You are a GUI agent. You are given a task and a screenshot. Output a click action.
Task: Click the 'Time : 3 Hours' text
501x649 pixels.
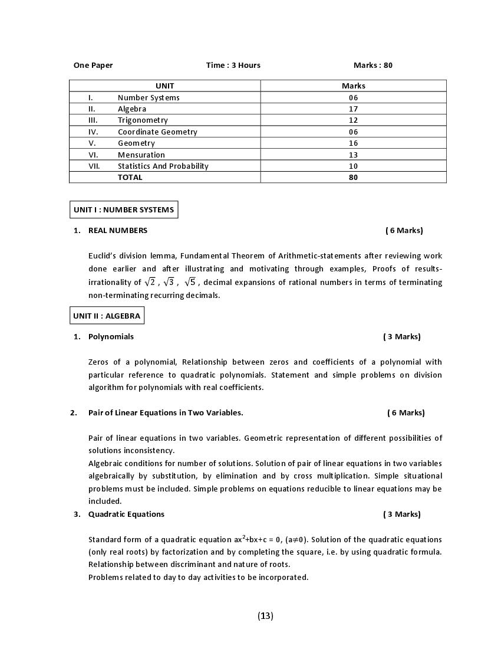click(x=233, y=65)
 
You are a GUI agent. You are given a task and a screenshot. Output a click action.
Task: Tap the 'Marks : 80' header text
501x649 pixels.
click(x=373, y=65)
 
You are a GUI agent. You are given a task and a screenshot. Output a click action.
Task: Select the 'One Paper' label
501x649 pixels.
click(x=93, y=65)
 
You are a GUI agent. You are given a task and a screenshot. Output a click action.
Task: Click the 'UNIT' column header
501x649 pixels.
click(x=164, y=86)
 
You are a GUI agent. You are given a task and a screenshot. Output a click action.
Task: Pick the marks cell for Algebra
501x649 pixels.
click(x=353, y=109)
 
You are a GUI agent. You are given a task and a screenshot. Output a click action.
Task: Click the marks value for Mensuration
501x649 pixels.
click(x=353, y=155)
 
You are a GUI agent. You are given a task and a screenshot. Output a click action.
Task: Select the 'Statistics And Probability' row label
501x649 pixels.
click(x=163, y=166)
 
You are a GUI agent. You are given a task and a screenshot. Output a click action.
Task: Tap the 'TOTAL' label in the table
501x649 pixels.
click(x=130, y=177)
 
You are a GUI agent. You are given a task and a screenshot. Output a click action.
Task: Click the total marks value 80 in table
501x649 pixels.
click(x=353, y=177)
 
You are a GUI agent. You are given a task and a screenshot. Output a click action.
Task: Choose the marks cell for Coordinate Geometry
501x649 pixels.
click(x=353, y=132)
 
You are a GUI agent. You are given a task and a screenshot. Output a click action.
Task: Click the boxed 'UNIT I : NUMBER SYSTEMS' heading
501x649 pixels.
click(x=124, y=209)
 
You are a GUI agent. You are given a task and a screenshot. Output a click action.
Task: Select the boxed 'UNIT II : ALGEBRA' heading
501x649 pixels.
click(x=107, y=316)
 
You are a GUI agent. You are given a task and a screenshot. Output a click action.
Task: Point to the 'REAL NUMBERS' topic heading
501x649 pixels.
click(x=118, y=231)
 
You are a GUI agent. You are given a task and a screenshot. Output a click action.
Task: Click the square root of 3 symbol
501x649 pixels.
click(x=169, y=282)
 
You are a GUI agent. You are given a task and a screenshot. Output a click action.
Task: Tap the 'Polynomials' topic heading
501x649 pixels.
click(x=111, y=337)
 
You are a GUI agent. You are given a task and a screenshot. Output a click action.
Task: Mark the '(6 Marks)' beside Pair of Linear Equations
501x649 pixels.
click(x=406, y=413)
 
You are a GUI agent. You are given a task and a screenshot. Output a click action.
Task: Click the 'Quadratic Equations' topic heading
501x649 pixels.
click(x=126, y=514)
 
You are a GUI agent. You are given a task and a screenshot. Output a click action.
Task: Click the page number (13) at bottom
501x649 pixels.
click(x=265, y=616)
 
